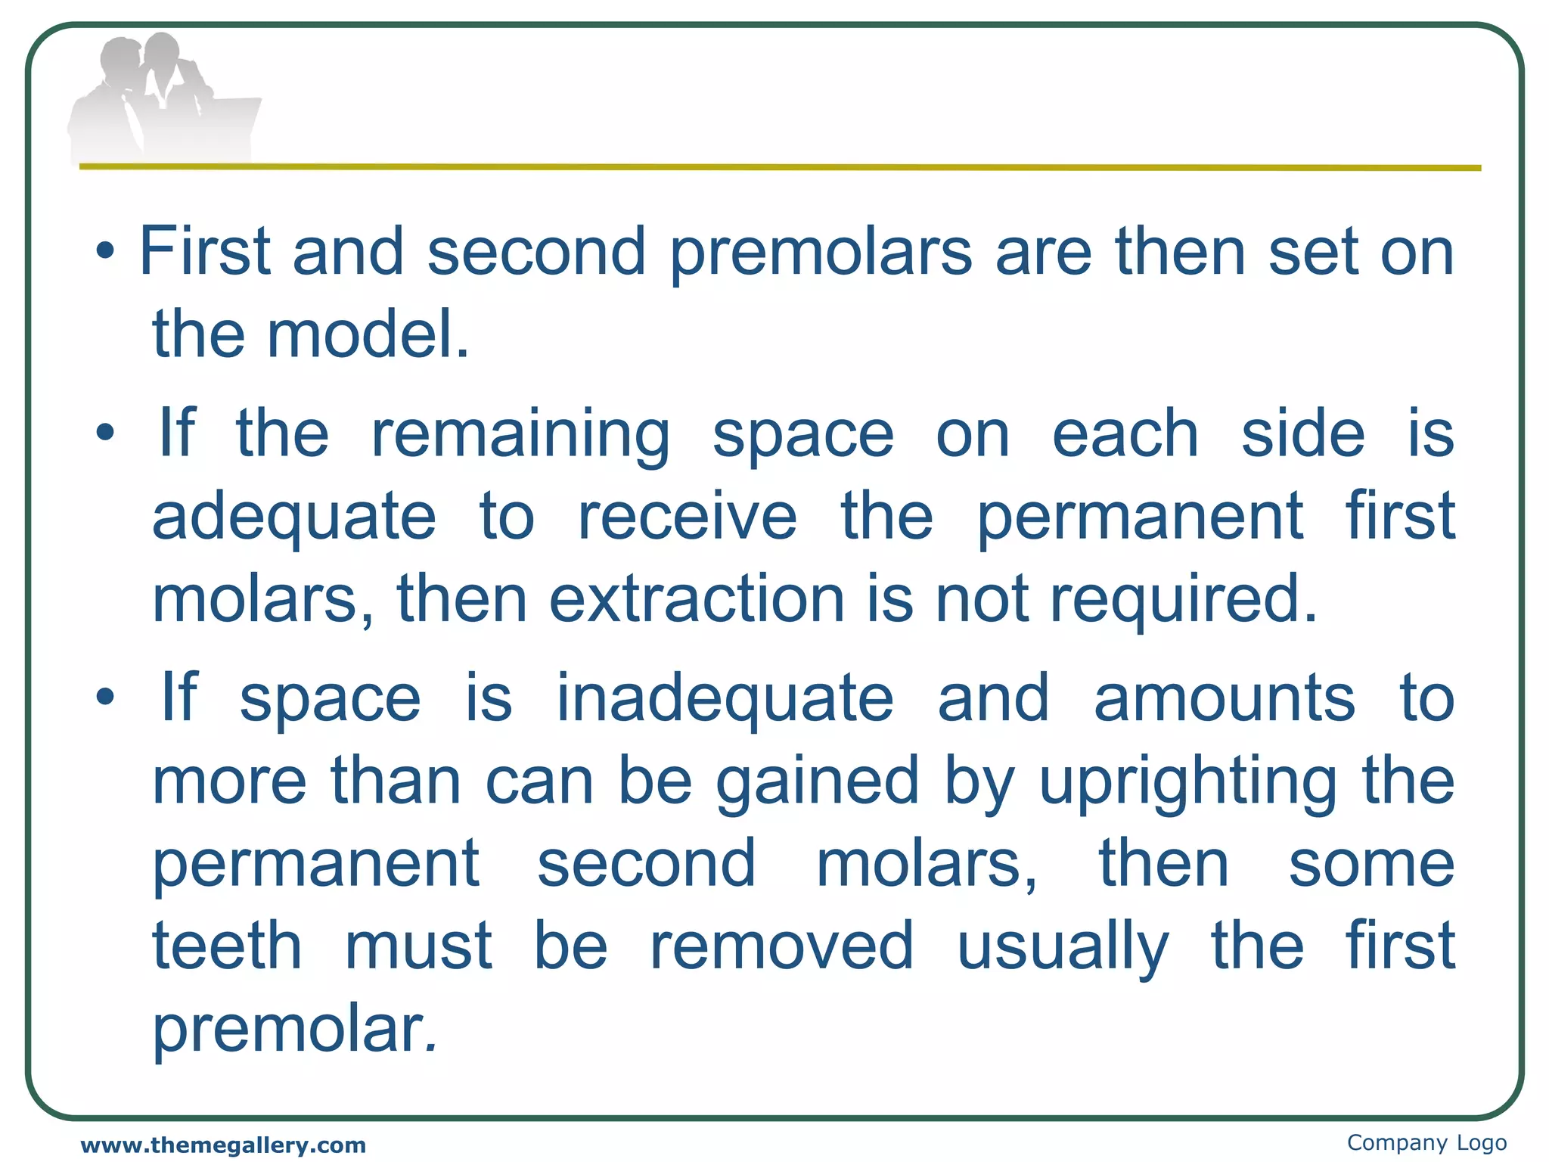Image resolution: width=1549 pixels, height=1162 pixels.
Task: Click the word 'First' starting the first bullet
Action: coord(205,251)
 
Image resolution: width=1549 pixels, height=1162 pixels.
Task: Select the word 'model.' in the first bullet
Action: coord(368,334)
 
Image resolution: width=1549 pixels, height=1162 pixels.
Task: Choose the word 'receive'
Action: coord(687,517)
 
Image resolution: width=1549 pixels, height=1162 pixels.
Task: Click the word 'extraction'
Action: coord(697,600)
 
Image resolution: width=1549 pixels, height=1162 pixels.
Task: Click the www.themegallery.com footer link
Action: coord(223,1145)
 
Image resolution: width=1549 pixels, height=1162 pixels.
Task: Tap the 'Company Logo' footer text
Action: coord(1426,1142)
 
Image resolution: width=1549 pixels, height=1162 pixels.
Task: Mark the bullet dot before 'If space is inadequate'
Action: coord(106,697)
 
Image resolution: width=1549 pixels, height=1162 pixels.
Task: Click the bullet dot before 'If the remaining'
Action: coord(106,433)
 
